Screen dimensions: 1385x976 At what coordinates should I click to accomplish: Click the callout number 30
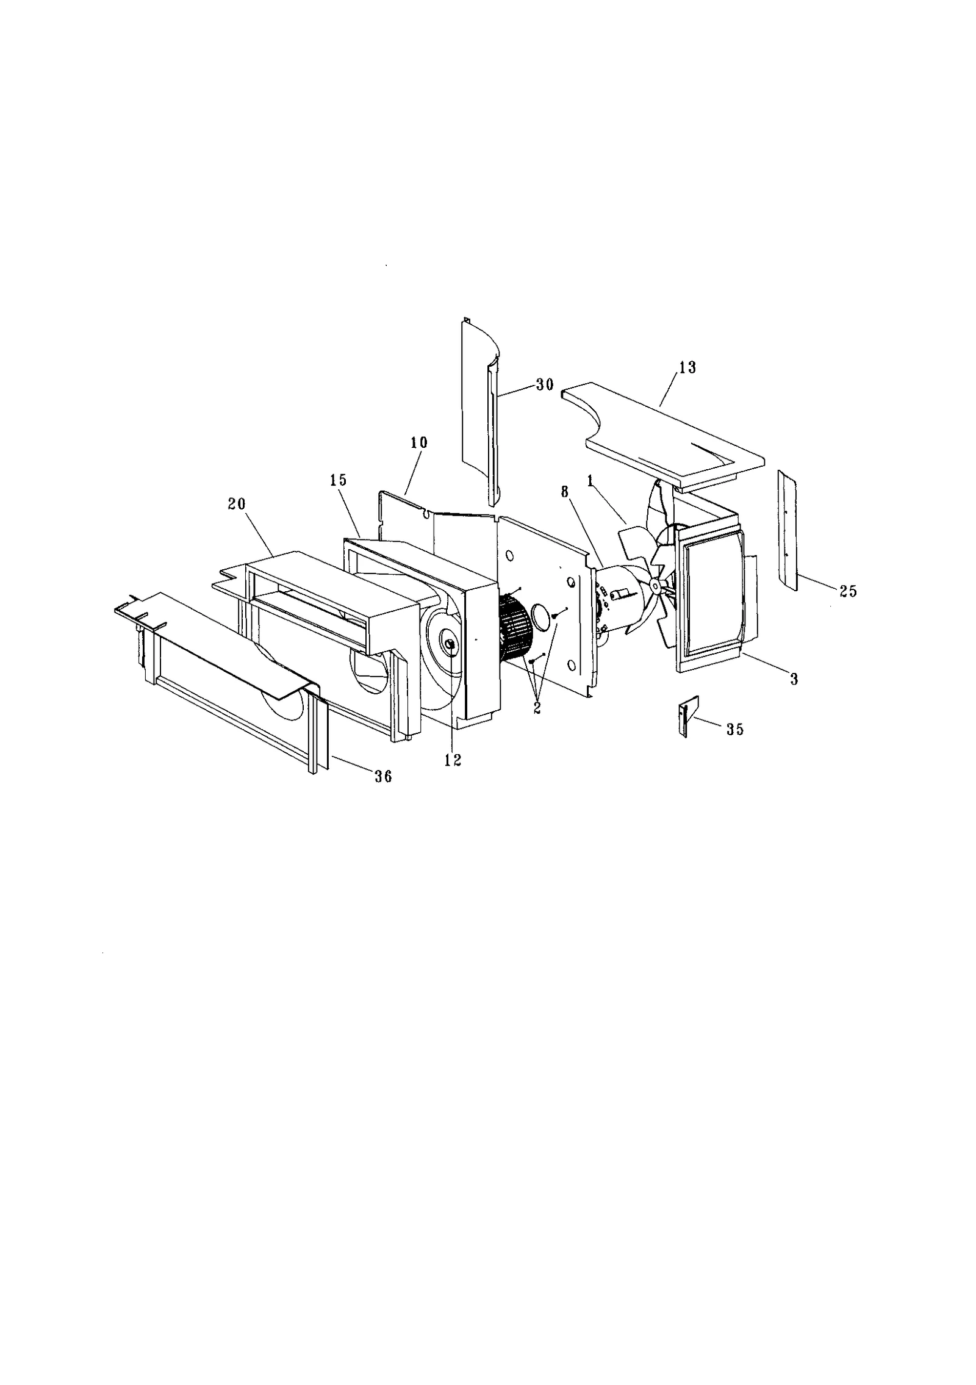pyautogui.click(x=545, y=384)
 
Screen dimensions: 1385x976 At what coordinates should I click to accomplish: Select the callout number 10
pyautogui.click(x=419, y=442)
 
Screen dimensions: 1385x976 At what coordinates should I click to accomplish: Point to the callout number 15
pyautogui.click(x=338, y=480)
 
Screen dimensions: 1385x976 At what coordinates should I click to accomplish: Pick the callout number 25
pyautogui.click(x=848, y=591)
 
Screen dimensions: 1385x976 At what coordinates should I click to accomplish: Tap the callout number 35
pyautogui.click(x=735, y=729)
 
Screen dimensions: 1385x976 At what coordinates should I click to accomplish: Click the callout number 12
pyautogui.click(x=453, y=760)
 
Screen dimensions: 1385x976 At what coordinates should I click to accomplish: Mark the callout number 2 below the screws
pyautogui.click(x=537, y=710)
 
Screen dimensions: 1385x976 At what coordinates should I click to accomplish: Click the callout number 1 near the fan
pyautogui.click(x=590, y=480)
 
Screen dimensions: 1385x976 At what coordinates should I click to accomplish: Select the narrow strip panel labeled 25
pyautogui.click(x=787, y=531)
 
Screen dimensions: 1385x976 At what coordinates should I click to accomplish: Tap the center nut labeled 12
pyautogui.click(x=451, y=644)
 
